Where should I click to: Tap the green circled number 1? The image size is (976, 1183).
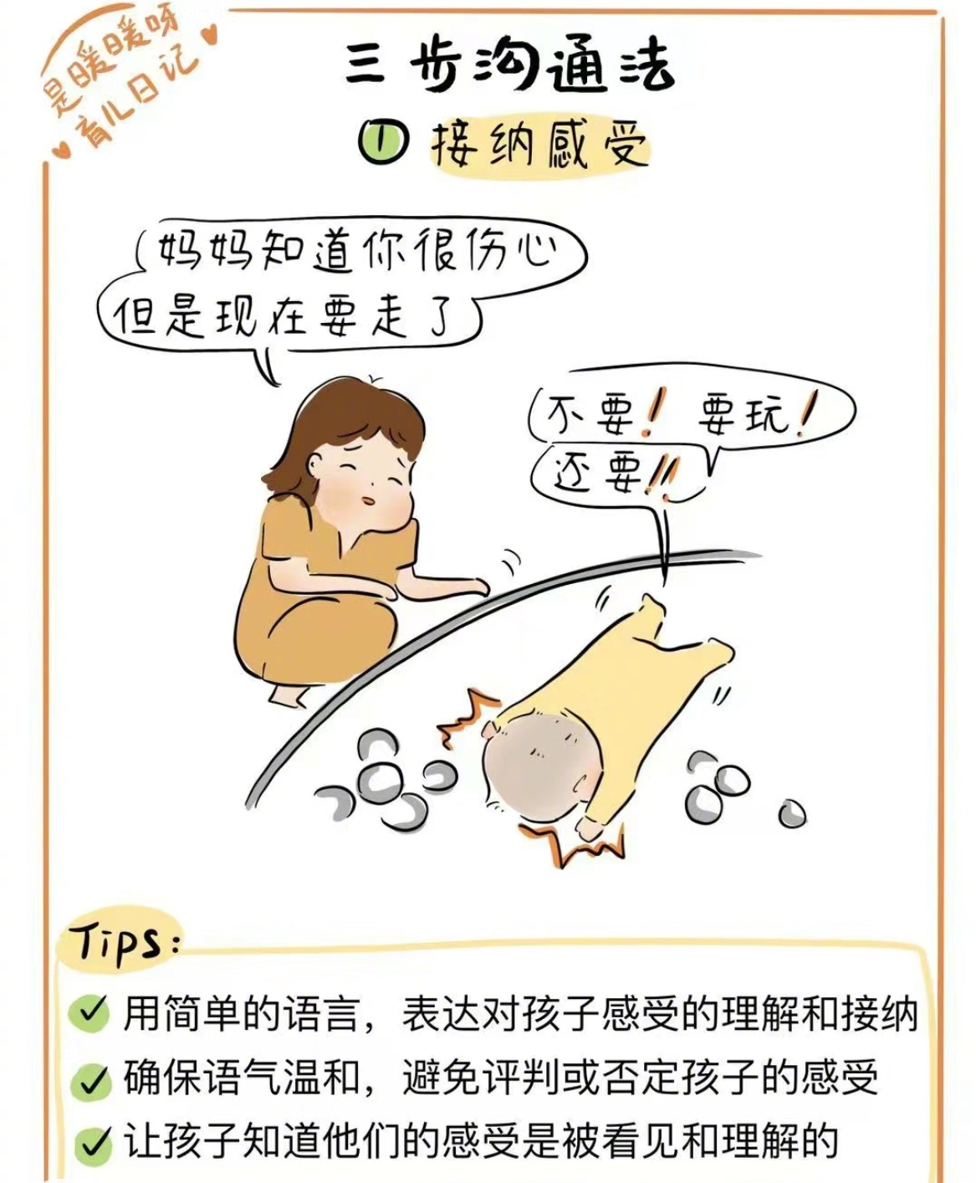point(382,143)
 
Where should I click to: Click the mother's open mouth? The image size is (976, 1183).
point(368,500)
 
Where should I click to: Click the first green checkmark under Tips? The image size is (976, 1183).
point(89,1013)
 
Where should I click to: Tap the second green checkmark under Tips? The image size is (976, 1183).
point(90,1080)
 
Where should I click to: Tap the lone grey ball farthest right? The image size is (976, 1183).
point(792,813)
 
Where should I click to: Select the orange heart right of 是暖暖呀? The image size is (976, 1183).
point(211,35)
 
